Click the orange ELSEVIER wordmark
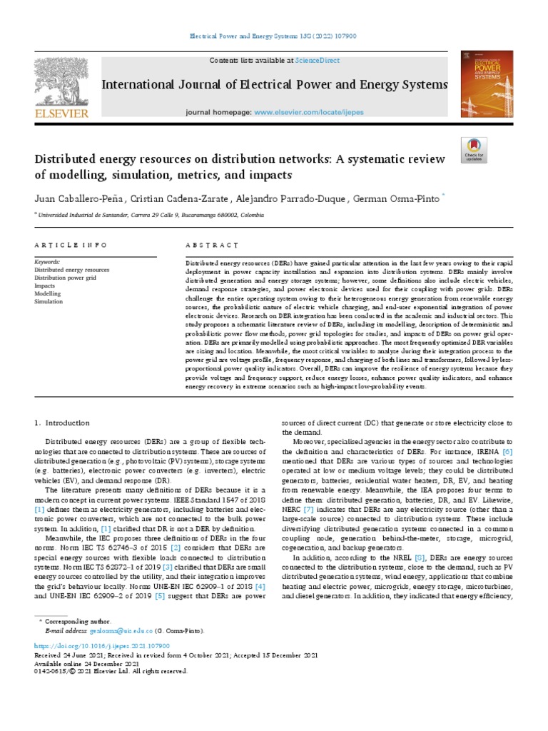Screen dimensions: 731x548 point(61,114)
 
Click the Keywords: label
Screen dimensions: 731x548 point(47,262)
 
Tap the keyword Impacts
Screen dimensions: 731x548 point(45,286)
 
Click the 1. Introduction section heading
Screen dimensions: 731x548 point(63,423)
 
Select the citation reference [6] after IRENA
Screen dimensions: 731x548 point(507,453)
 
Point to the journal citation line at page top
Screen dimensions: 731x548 point(273,35)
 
